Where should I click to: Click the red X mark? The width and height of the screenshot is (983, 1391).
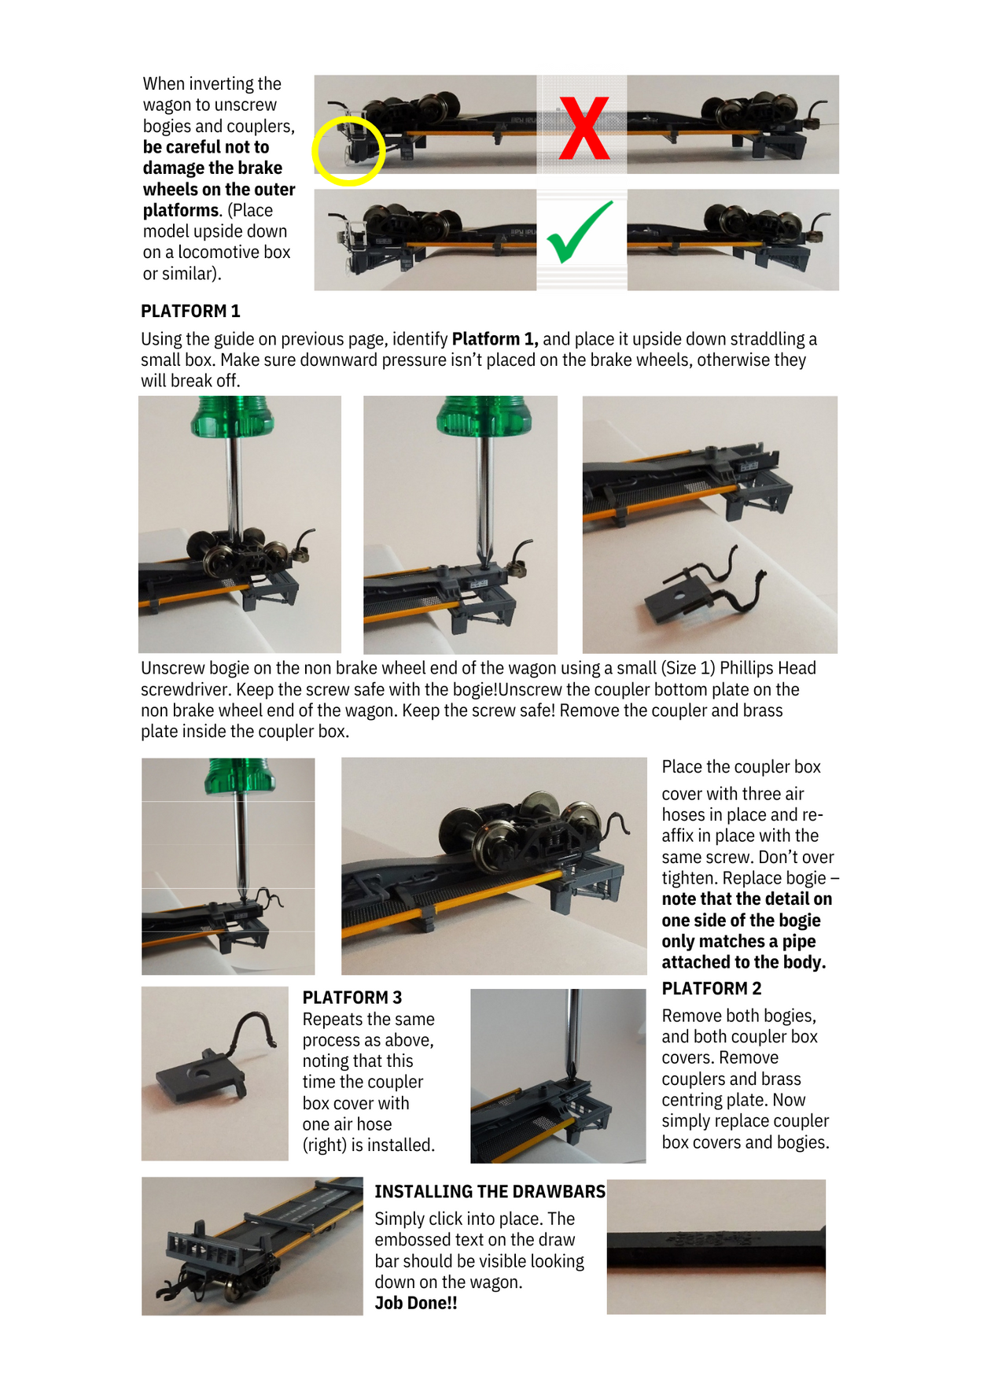[584, 128]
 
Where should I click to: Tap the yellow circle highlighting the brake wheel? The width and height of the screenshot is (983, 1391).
[348, 151]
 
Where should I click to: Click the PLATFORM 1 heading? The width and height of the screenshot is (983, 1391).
[190, 311]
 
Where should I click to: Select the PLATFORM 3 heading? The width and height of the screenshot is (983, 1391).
[352, 997]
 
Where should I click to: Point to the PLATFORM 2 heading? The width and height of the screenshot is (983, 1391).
[711, 988]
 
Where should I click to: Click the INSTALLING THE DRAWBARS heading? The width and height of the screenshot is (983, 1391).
[489, 1191]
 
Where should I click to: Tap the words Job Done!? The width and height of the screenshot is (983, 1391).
[415, 1303]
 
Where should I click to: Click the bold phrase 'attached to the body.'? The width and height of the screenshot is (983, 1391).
[743, 962]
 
